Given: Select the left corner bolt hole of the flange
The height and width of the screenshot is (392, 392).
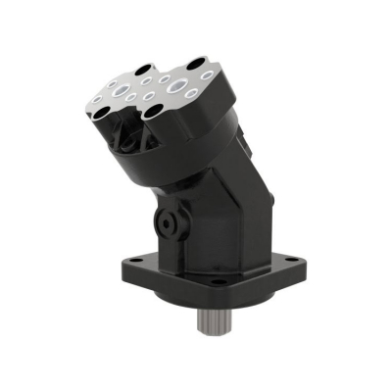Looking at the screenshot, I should [134, 260].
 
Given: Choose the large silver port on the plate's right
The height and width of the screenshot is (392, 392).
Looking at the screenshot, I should [177, 85].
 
